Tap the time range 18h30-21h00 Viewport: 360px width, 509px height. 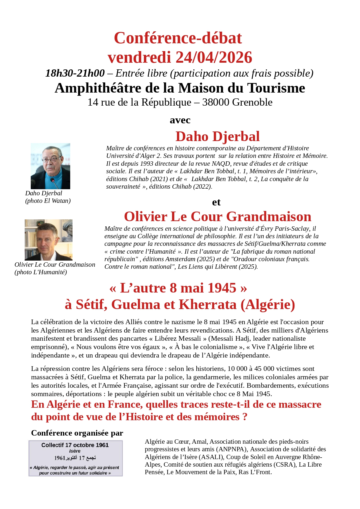(75, 73)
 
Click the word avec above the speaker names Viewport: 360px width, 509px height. (180, 120)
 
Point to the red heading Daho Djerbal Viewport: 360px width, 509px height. (217, 136)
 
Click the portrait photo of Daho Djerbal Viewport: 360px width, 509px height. (50, 166)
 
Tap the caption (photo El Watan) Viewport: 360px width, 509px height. (48, 201)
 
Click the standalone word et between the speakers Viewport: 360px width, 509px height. (216, 202)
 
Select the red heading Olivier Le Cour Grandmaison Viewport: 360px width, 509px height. (217, 216)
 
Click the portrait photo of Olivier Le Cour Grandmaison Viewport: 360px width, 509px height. (48, 240)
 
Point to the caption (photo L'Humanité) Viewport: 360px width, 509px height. (41, 272)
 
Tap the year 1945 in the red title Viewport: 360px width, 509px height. (222, 288)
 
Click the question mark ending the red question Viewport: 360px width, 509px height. (245, 417)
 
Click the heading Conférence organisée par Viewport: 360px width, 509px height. (77, 433)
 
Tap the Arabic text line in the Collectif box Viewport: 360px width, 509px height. (75, 458)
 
